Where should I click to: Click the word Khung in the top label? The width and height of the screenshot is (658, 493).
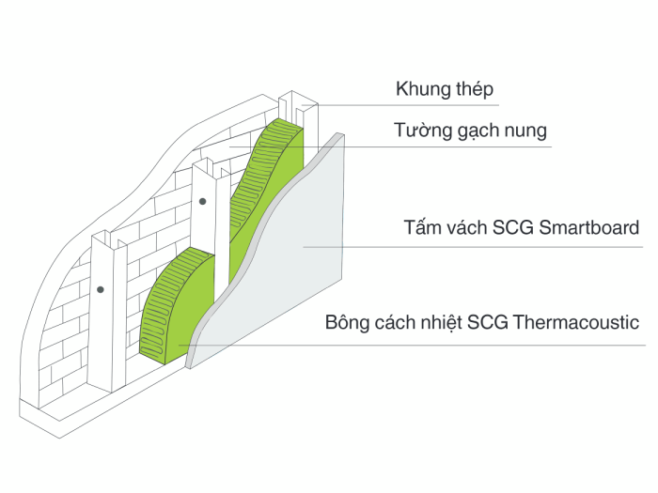click(x=422, y=90)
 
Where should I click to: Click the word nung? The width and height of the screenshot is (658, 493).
click(x=525, y=131)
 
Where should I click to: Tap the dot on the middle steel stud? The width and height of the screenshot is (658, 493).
click(x=202, y=201)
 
